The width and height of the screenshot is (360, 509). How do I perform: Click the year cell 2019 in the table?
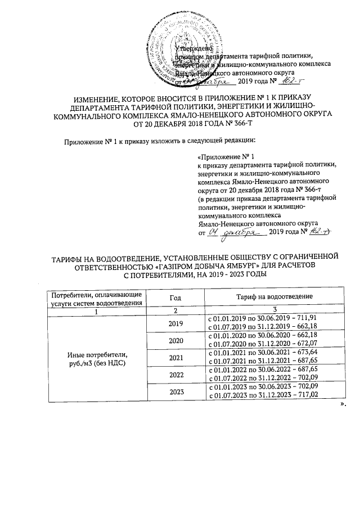pos(175,323)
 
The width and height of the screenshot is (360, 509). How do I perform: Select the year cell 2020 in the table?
pos(175,340)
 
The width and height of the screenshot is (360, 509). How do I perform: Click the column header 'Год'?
pos(175,296)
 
